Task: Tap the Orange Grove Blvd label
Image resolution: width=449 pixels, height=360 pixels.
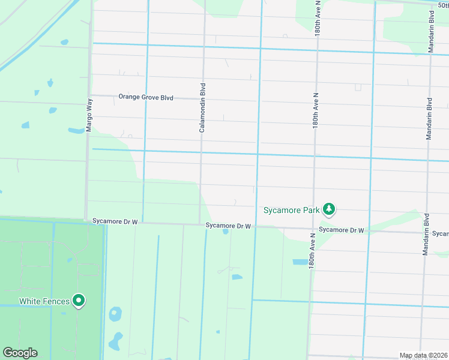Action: click(146, 97)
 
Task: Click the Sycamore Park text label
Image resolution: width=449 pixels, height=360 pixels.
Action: click(291, 210)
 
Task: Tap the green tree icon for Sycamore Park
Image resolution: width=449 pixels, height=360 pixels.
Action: click(328, 209)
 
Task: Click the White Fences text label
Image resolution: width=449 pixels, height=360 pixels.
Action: click(44, 301)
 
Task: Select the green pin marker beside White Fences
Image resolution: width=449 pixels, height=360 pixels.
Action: click(78, 301)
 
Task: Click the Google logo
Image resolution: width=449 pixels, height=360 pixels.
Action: click(19, 353)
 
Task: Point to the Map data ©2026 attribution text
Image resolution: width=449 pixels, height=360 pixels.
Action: click(423, 355)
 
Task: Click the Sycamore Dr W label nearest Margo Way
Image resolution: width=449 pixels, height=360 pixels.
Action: click(115, 221)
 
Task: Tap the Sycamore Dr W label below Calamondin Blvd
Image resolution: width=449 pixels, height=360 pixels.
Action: click(228, 226)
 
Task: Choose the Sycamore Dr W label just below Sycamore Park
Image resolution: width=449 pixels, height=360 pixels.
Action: click(342, 230)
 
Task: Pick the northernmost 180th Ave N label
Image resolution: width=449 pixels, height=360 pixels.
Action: click(318, 19)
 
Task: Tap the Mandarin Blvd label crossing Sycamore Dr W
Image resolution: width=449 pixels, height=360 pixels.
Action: click(426, 235)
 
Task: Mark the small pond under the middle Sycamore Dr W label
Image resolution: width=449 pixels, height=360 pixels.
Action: click(225, 232)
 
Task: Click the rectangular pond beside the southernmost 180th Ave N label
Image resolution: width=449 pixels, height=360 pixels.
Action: click(299, 262)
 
